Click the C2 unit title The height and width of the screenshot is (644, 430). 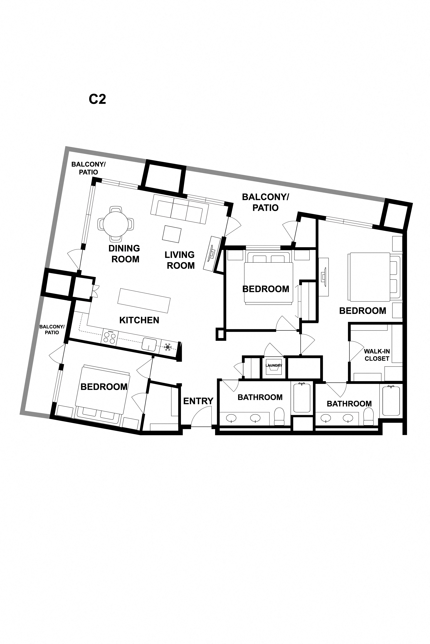click(x=97, y=99)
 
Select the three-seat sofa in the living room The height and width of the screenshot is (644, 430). click(x=179, y=209)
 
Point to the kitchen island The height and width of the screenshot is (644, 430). click(x=144, y=300)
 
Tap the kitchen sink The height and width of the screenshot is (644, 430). click(x=149, y=344)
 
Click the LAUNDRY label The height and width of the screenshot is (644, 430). click(x=274, y=365)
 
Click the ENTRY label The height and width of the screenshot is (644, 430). click(x=198, y=401)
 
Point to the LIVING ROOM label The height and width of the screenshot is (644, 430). click(x=180, y=260)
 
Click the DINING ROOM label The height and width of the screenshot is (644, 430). click(x=124, y=253)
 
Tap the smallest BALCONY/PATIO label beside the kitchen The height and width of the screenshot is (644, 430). click(x=52, y=330)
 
